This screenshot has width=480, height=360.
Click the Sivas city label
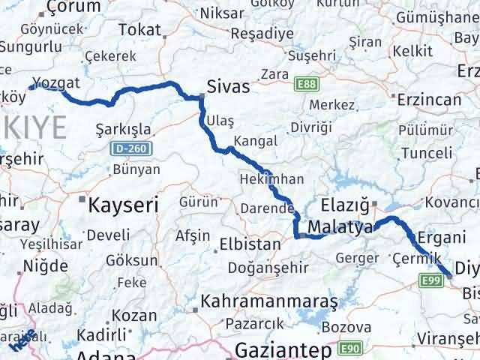229,86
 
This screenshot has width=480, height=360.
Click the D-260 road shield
130,149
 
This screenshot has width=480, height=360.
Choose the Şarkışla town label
124,128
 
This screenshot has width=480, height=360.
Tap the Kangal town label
255,140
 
